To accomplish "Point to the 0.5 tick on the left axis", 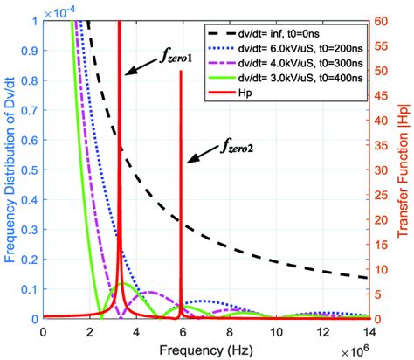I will coord(26,169).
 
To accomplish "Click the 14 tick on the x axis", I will coord(369,330).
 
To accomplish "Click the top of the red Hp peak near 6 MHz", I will coord(181,73).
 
